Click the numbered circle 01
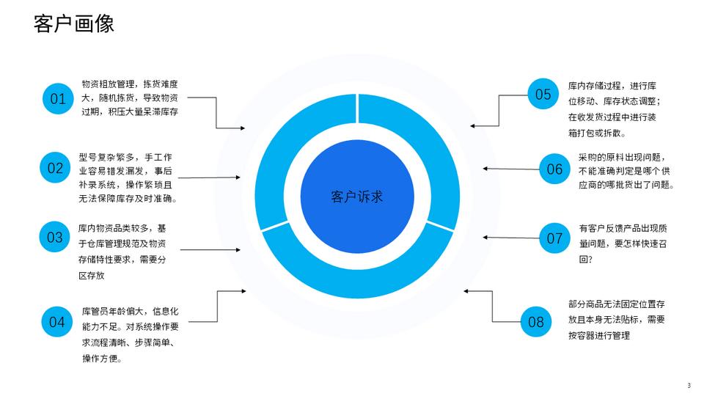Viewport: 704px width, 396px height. pos(58,98)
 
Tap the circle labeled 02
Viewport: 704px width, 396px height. pos(55,168)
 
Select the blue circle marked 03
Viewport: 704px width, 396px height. pos(55,238)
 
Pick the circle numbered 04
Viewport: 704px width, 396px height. pos(57,322)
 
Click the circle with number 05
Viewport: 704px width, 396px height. pos(543,94)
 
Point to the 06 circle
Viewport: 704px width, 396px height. pos(554,169)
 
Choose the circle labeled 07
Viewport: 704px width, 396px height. pos(554,238)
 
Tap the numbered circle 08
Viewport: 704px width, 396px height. pos(536,322)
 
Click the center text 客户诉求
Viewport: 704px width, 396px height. pos(357,197)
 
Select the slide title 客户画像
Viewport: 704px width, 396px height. pos(74,24)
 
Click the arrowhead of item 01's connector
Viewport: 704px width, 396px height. pos(243,128)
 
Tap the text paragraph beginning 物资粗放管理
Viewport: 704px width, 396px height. pos(131,98)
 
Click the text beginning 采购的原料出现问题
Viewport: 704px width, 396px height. pos(620,171)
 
